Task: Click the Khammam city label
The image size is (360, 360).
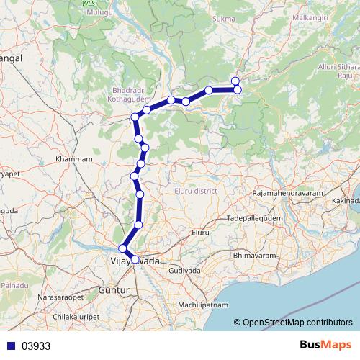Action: tap(75, 158)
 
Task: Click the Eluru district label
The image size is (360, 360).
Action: tap(196, 191)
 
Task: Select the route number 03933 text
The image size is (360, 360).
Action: tap(36, 346)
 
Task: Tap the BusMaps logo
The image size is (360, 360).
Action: tap(325, 345)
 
